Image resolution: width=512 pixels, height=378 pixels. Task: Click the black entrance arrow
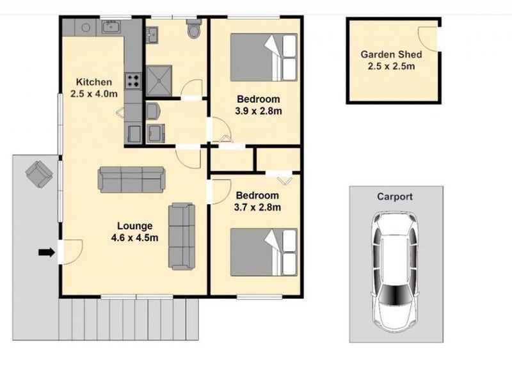point(47,252)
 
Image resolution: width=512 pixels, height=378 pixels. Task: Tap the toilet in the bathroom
point(194,28)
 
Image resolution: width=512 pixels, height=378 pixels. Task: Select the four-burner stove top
point(133,81)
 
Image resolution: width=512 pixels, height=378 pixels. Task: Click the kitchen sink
point(111,26)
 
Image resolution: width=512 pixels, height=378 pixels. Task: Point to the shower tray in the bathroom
point(159,81)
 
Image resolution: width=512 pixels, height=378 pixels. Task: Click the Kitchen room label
point(94,82)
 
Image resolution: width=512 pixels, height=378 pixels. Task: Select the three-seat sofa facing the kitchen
point(131,180)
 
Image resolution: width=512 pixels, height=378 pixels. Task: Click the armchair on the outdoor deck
point(39,174)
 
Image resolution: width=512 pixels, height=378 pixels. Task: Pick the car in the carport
point(395,272)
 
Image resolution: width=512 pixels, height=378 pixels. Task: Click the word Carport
point(395,196)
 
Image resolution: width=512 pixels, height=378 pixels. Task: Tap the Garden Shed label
point(391,54)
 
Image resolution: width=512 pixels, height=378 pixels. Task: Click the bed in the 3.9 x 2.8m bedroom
point(264,57)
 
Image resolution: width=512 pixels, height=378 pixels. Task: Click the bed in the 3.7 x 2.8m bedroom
point(264,252)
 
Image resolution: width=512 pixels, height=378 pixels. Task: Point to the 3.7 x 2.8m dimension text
point(257,207)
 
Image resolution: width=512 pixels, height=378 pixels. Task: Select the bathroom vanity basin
point(152,35)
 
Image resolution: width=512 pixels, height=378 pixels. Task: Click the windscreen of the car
point(394,294)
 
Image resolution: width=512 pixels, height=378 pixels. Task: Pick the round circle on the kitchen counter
point(86,28)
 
